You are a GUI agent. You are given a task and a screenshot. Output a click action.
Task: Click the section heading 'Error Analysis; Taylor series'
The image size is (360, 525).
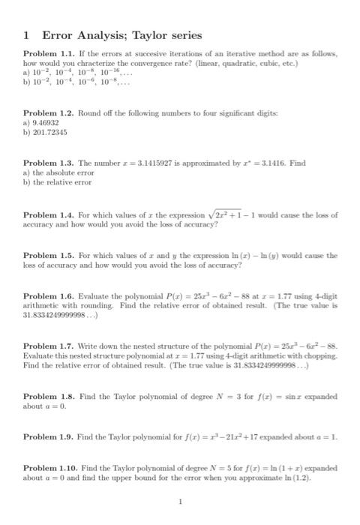click(x=112, y=34)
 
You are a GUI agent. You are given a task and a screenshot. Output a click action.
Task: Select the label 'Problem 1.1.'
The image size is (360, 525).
click(x=46, y=58)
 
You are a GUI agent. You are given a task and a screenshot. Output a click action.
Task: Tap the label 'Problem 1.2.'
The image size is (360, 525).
click(x=46, y=111)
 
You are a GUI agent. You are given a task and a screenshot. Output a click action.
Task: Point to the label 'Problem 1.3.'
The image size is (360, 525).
click(x=46, y=162)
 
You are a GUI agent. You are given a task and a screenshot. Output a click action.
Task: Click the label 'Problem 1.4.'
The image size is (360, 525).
click(x=46, y=215)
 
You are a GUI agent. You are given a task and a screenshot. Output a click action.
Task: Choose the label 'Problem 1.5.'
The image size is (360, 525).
click(x=46, y=255)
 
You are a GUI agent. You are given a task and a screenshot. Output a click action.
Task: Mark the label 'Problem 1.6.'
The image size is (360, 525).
click(x=46, y=297)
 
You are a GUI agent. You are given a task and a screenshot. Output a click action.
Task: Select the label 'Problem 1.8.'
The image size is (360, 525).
click(x=46, y=396)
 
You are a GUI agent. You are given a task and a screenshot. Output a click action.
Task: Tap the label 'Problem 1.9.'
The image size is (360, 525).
click(x=46, y=436)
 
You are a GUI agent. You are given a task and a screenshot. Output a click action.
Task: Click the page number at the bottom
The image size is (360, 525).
click(x=180, y=502)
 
